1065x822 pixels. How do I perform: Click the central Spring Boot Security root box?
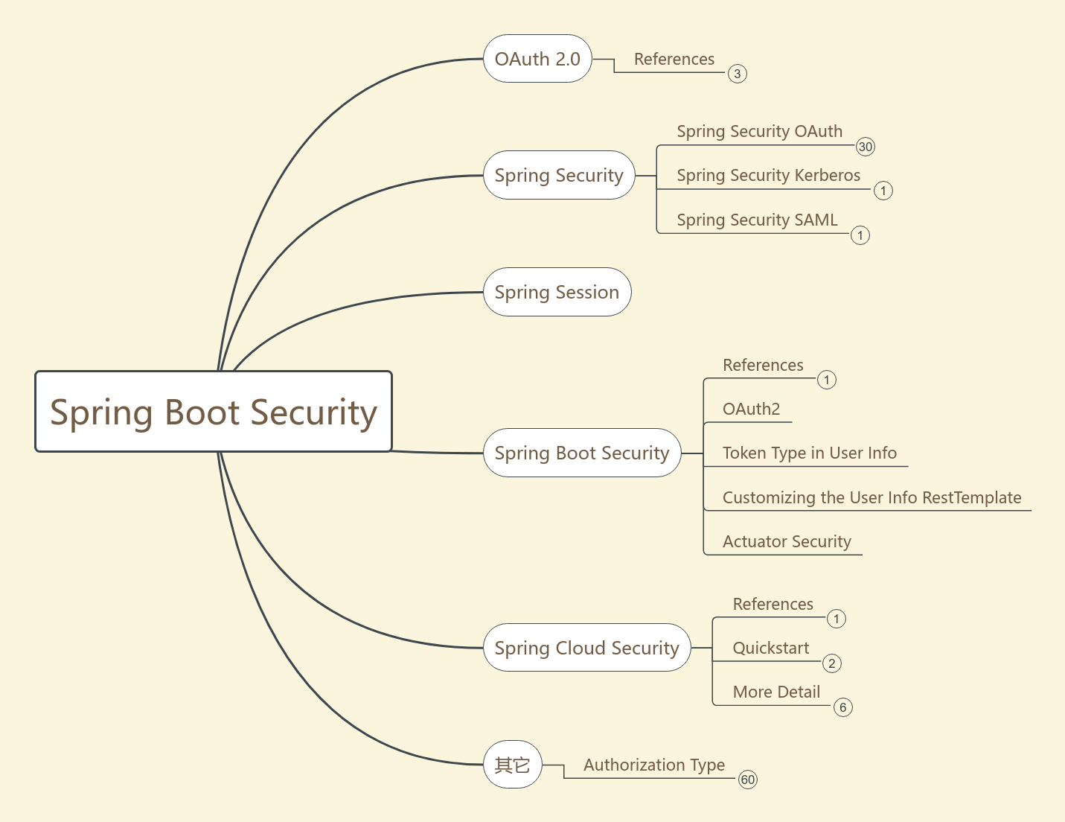(214, 412)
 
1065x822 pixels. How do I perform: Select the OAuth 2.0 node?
(537, 59)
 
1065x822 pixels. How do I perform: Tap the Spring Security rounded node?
(559, 176)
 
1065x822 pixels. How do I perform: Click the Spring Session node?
(557, 293)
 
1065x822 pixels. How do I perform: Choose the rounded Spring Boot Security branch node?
(582, 453)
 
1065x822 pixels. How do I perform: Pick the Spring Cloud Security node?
(586, 648)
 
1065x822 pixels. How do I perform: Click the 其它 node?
(512, 765)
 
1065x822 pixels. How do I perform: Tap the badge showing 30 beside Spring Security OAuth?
(865, 147)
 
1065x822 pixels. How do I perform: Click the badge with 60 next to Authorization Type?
(747, 780)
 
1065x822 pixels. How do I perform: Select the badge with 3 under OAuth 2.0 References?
(737, 74)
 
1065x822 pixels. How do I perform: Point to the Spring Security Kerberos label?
(768, 176)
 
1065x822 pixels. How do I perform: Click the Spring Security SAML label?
(757, 220)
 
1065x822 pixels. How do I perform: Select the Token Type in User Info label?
(809, 453)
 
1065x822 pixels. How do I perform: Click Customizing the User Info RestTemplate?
(871, 497)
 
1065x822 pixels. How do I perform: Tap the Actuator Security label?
(787, 542)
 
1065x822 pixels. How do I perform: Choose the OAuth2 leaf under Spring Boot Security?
(751, 410)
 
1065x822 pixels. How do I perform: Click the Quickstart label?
(770, 649)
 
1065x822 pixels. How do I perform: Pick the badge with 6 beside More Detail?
(842, 707)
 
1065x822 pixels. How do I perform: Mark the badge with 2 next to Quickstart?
(831, 663)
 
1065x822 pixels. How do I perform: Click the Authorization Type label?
(653, 765)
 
